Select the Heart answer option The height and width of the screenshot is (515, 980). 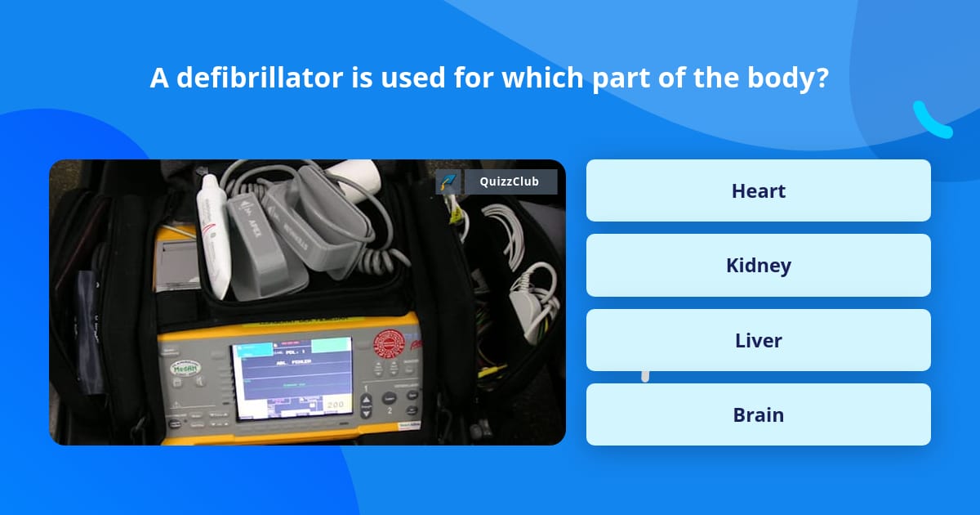[x=758, y=190]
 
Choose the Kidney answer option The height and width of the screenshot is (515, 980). [x=758, y=266]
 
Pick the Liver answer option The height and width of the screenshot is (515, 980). [x=758, y=340]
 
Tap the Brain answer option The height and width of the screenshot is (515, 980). [x=758, y=414]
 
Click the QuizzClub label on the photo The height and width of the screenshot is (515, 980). [x=510, y=181]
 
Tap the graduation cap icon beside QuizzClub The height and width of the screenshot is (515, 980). [x=448, y=182]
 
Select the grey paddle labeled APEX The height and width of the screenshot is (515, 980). [x=257, y=237]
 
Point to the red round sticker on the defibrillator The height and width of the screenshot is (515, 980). [x=389, y=344]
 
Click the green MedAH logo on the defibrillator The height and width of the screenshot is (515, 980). [x=185, y=368]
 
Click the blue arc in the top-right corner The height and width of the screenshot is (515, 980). [x=932, y=121]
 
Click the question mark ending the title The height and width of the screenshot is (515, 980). [x=822, y=78]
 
